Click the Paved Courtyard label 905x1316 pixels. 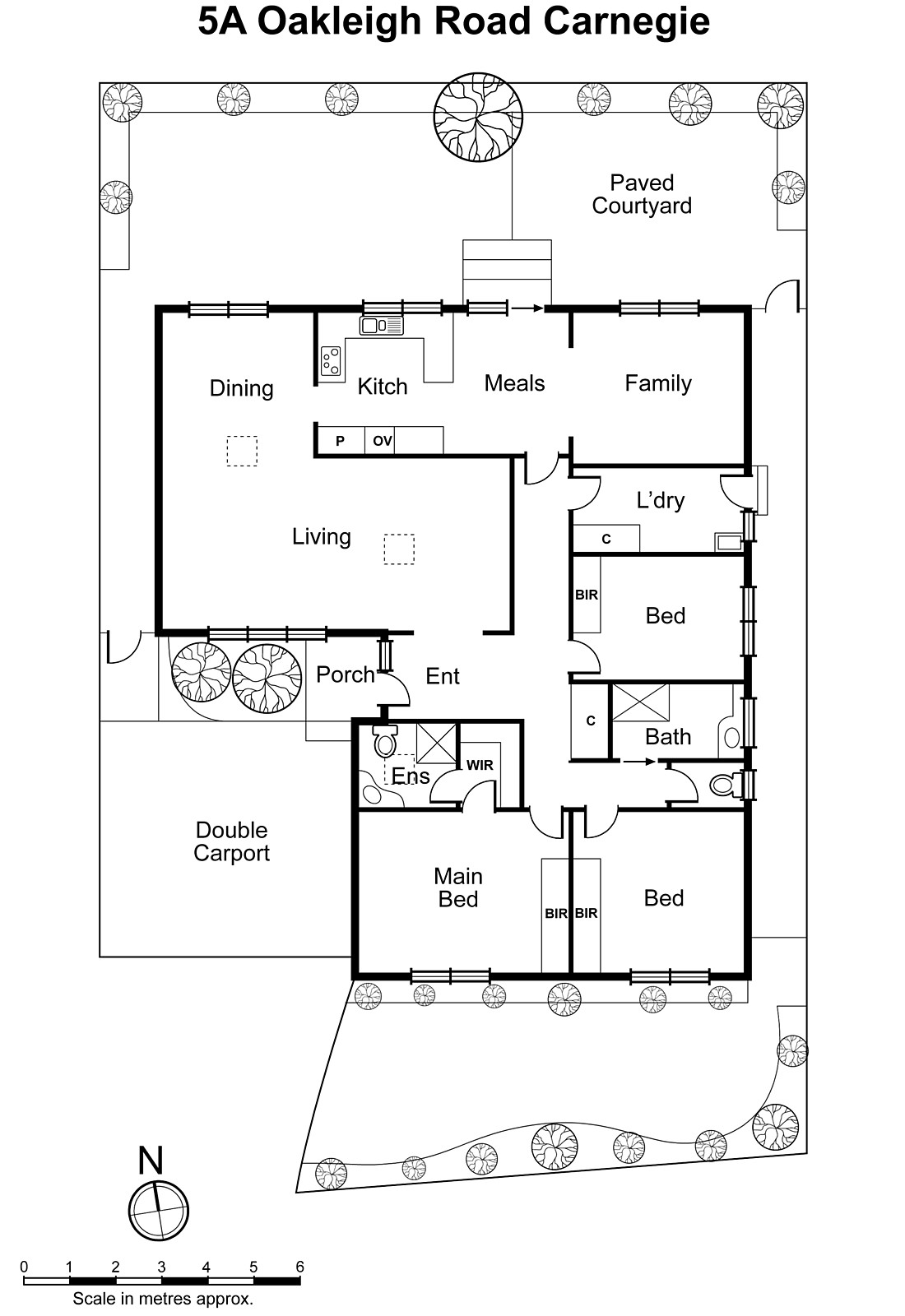click(641, 194)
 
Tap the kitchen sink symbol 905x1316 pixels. click(381, 326)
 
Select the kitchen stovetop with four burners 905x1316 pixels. click(331, 360)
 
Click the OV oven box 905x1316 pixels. click(382, 441)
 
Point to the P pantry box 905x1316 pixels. click(340, 441)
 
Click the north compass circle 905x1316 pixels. click(158, 1211)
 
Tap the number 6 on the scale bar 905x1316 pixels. click(299, 1267)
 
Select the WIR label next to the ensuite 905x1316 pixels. click(480, 765)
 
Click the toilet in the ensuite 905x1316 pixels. click(384, 743)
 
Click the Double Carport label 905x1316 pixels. click(231, 841)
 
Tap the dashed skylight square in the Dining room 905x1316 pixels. click(242, 451)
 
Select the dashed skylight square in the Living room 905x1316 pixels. click(399, 549)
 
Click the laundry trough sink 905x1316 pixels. click(728, 542)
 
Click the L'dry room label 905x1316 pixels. click(660, 500)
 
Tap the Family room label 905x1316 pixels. click(657, 383)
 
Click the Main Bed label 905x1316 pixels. click(457, 887)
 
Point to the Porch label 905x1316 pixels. click(345, 674)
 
